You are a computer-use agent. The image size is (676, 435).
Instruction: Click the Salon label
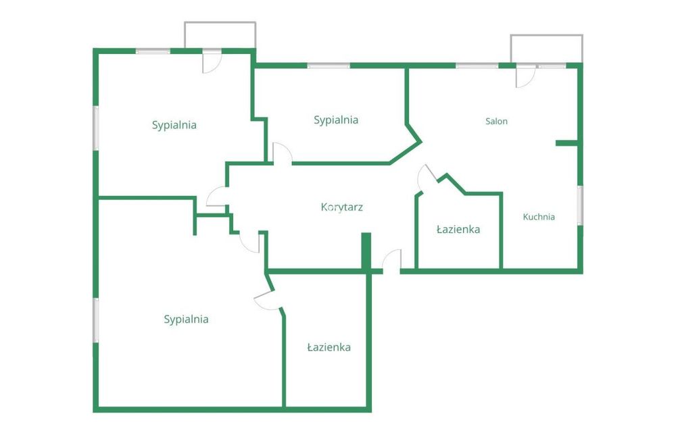click(x=496, y=122)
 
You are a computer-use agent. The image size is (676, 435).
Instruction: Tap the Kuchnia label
click(x=539, y=217)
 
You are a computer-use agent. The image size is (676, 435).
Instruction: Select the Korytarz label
click(x=342, y=207)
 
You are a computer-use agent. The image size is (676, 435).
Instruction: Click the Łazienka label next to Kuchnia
click(x=458, y=229)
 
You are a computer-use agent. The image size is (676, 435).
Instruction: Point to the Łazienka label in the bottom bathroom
click(x=329, y=347)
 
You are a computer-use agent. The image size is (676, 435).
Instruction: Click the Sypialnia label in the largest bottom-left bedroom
click(x=186, y=319)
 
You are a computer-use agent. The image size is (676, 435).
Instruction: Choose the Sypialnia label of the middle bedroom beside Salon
click(x=336, y=120)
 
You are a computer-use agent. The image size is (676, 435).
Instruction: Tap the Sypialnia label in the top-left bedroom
click(x=174, y=126)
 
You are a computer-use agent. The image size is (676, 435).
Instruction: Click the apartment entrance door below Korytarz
click(x=392, y=261)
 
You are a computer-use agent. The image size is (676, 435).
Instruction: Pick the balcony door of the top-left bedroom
click(x=212, y=62)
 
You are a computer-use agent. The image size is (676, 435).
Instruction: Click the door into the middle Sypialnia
click(x=283, y=153)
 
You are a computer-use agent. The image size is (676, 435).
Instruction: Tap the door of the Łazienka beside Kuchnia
click(x=427, y=176)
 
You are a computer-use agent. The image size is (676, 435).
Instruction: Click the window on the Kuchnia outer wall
click(x=580, y=205)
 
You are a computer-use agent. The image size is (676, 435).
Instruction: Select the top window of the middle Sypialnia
click(x=329, y=66)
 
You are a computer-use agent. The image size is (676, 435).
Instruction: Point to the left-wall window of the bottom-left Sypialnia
click(x=96, y=320)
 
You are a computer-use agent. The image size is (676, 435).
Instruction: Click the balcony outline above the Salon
click(x=547, y=36)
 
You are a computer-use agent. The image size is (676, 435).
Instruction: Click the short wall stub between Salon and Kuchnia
click(x=567, y=143)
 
